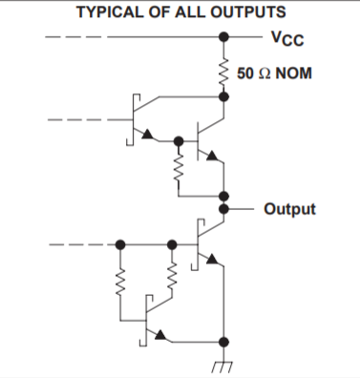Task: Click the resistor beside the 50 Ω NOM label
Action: click(223, 73)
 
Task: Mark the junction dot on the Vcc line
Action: click(223, 40)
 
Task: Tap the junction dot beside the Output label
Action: click(223, 207)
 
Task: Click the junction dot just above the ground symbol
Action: click(223, 340)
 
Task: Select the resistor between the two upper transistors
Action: click(178, 169)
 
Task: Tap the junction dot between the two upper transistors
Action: click(178, 140)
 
